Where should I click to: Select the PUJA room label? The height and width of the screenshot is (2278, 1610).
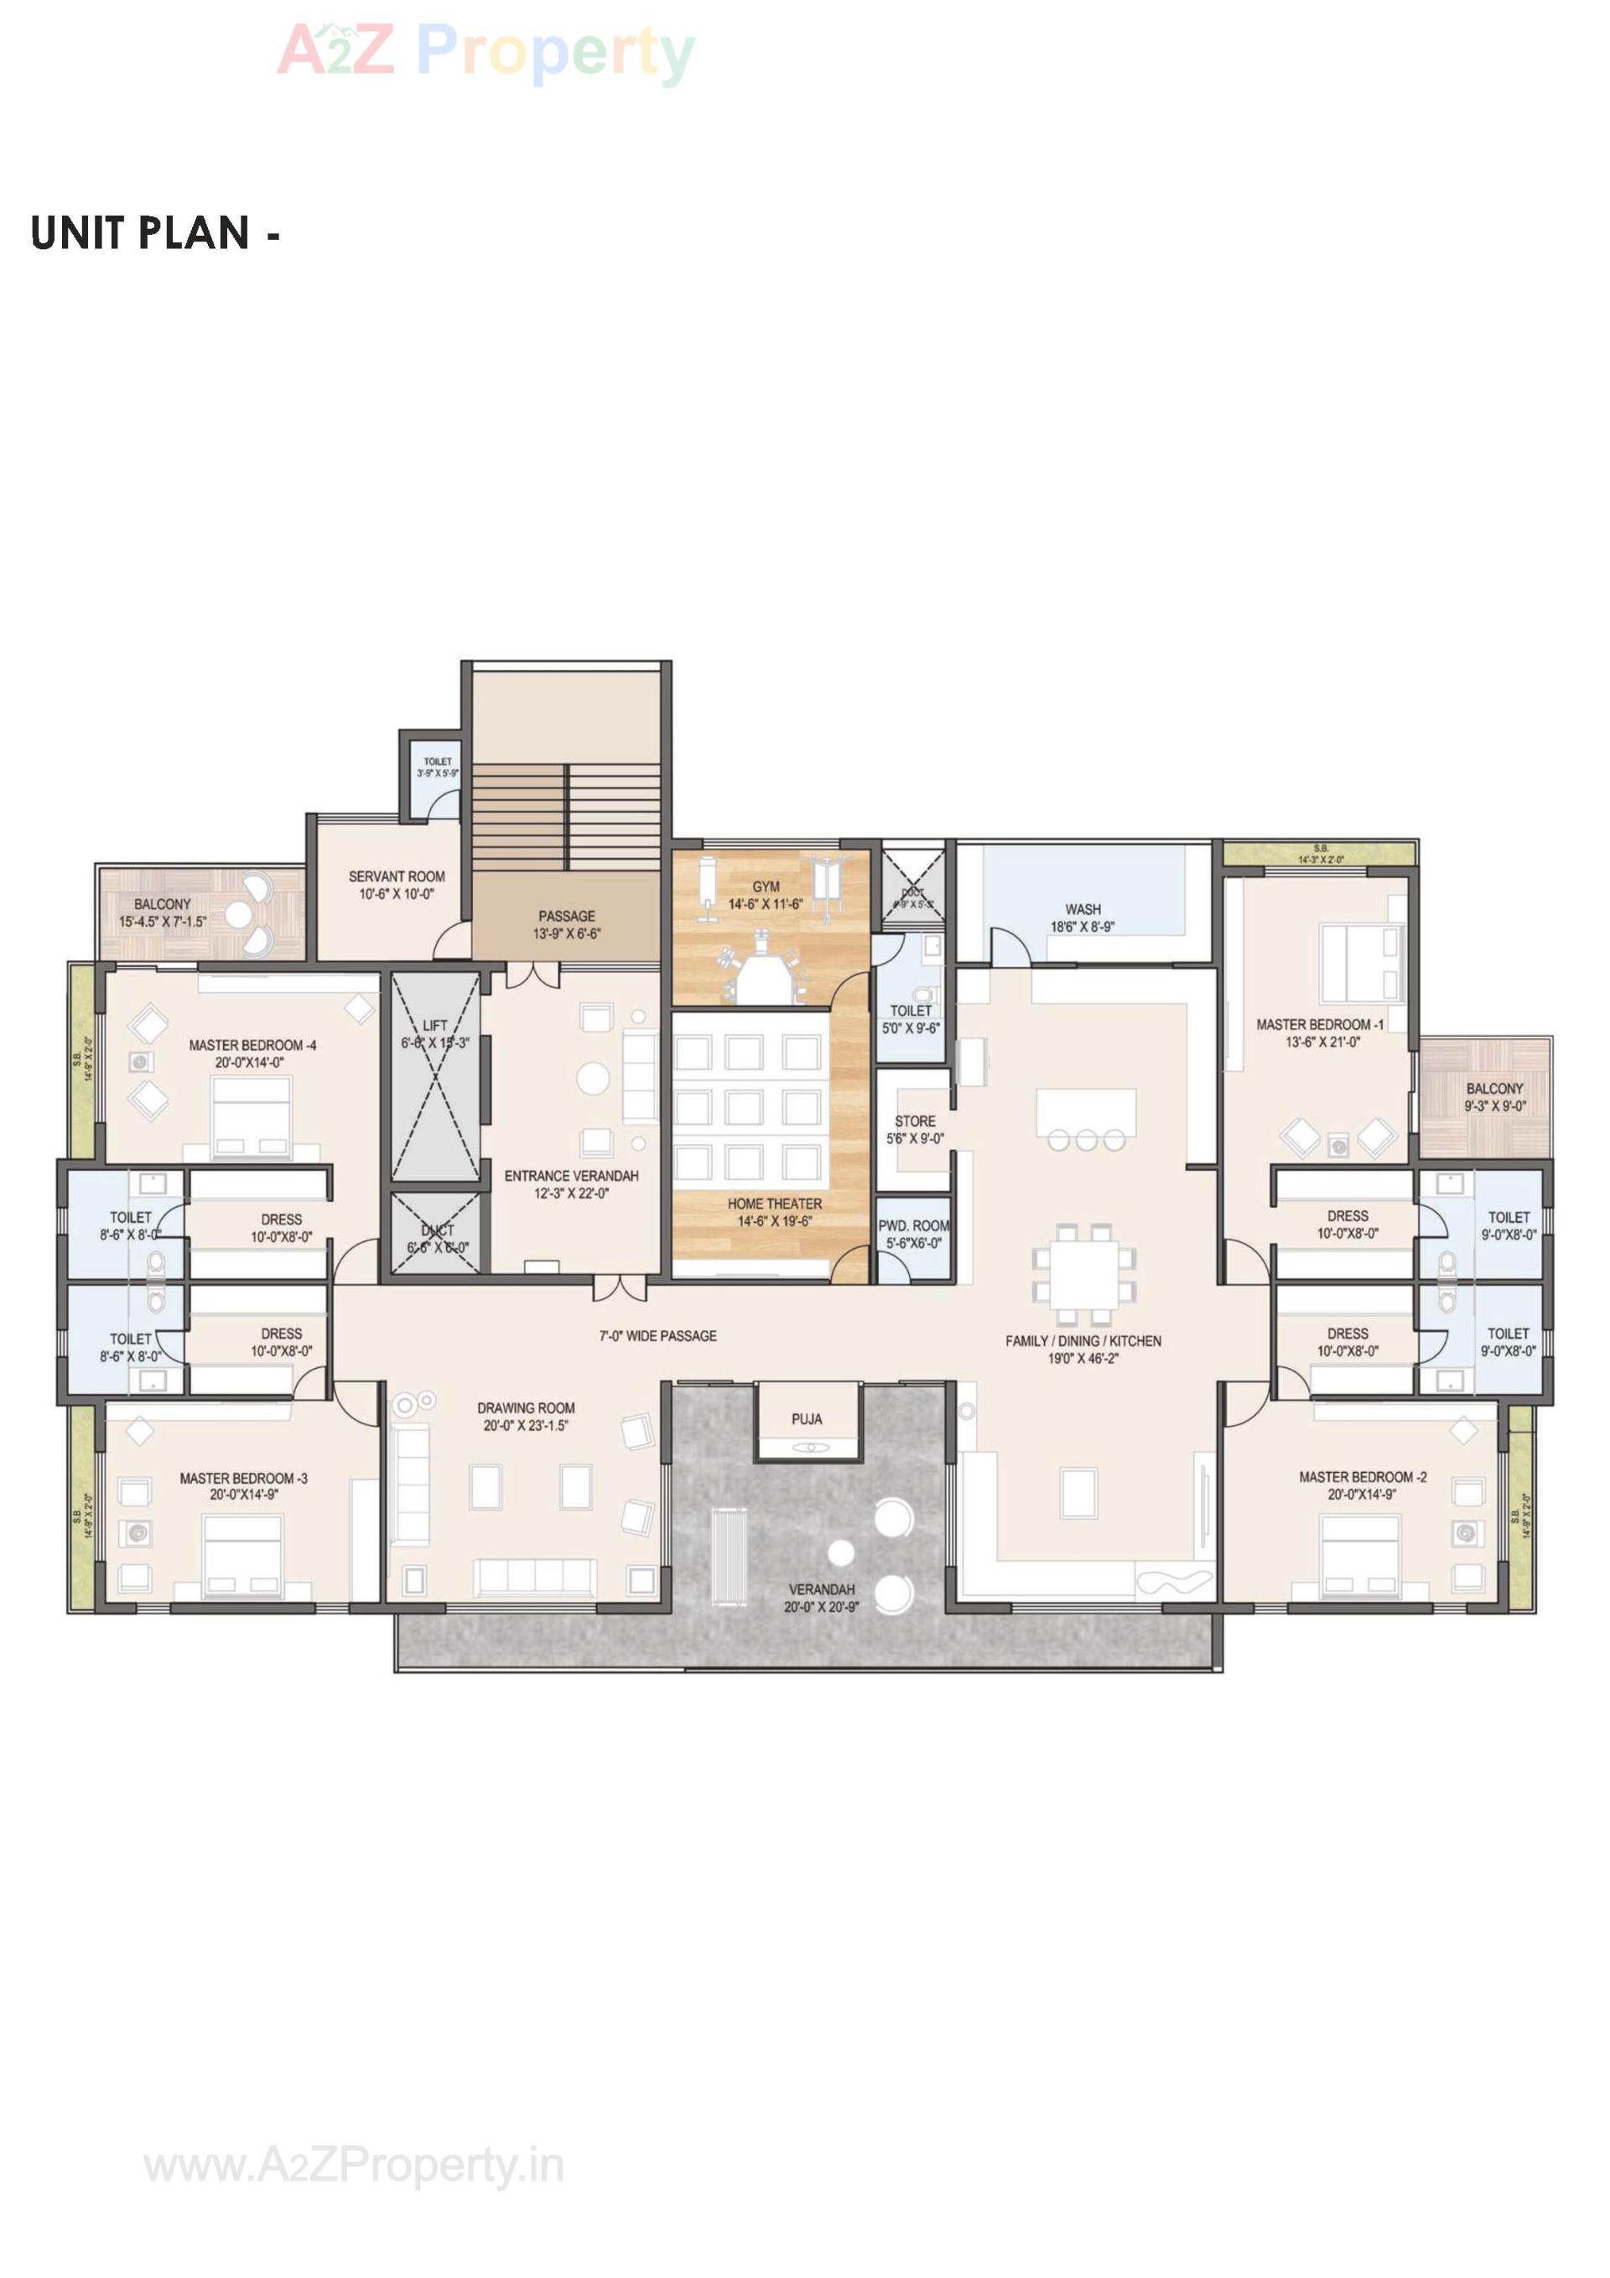(x=807, y=1419)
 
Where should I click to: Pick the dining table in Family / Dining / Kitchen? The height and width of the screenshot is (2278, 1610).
(x=1083, y=1274)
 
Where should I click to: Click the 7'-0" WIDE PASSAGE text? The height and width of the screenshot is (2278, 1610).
(x=657, y=1335)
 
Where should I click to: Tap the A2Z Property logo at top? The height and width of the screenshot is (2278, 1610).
(x=486, y=52)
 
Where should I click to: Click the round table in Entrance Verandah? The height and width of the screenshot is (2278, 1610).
(x=593, y=1079)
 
